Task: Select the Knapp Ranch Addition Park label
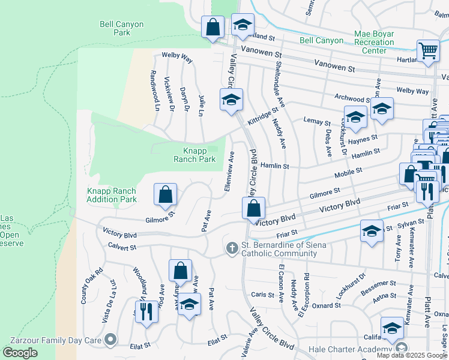click(x=112, y=195)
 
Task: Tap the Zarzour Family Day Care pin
click(x=110, y=340)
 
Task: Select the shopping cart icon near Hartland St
click(x=428, y=52)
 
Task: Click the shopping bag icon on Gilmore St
click(x=166, y=194)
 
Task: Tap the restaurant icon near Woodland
click(x=146, y=311)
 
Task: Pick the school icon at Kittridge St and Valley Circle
click(x=231, y=100)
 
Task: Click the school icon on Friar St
click(x=372, y=230)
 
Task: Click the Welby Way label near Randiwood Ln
click(x=177, y=59)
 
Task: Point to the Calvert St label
click(x=122, y=247)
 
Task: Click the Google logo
click(x=20, y=352)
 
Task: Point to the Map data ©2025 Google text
click(x=411, y=355)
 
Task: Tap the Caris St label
click(x=262, y=295)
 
